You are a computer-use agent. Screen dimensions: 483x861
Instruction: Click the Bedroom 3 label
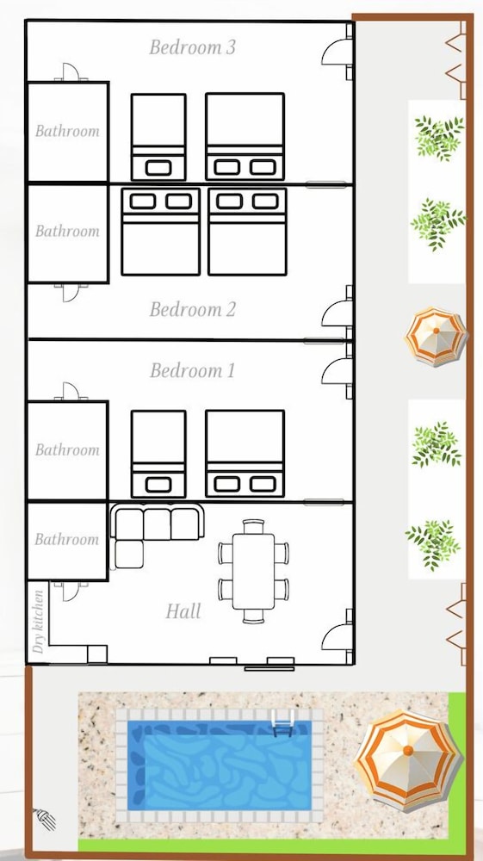(192, 47)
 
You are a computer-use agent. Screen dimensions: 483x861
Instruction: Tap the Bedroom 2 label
(192, 310)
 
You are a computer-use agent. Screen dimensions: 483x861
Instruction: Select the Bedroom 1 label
(192, 370)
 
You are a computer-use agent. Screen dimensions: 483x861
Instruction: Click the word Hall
(183, 611)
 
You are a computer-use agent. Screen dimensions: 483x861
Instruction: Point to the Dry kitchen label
(38, 622)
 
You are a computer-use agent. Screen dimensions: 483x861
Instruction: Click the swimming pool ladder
(282, 723)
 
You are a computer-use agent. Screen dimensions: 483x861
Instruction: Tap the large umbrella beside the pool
(408, 760)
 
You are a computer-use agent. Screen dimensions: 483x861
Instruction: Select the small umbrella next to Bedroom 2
(436, 336)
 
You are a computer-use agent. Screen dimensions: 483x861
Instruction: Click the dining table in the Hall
(253, 572)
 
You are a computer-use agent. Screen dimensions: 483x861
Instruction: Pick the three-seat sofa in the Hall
(158, 522)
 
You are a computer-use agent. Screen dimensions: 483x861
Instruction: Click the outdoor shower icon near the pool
(45, 819)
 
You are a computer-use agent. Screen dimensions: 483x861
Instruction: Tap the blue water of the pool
(220, 765)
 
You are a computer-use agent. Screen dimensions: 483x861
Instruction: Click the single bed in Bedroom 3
(158, 137)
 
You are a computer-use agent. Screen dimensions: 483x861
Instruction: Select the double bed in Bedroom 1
(245, 454)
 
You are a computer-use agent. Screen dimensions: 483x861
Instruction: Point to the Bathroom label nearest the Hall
(67, 539)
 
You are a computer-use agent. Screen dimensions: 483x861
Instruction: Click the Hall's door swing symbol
(336, 637)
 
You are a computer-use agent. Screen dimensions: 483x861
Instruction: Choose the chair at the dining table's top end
(254, 527)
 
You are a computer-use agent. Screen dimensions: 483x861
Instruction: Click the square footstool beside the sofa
(129, 554)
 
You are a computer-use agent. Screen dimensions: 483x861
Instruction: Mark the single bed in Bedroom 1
(158, 454)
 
